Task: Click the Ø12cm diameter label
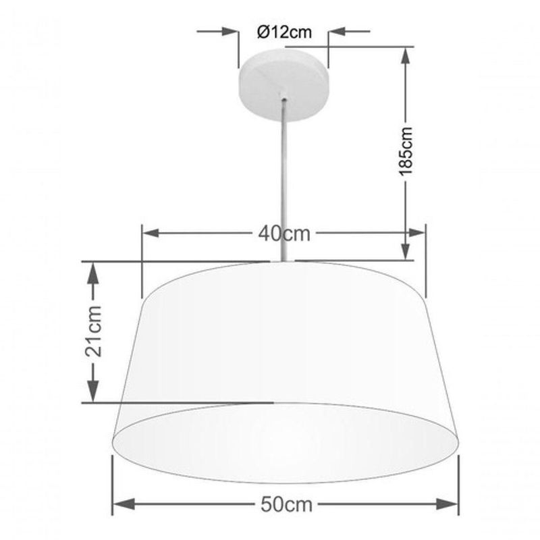coord(284,32)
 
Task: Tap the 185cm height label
coord(406,151)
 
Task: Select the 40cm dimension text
coord(284,234)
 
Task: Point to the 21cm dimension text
coord(93,331)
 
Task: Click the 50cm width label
coord(286,505)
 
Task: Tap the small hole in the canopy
coord(283,100)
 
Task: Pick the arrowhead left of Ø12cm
coord(229,31)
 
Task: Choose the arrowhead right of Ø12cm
coord(337,31)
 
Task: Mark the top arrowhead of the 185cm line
coord(406,55)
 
